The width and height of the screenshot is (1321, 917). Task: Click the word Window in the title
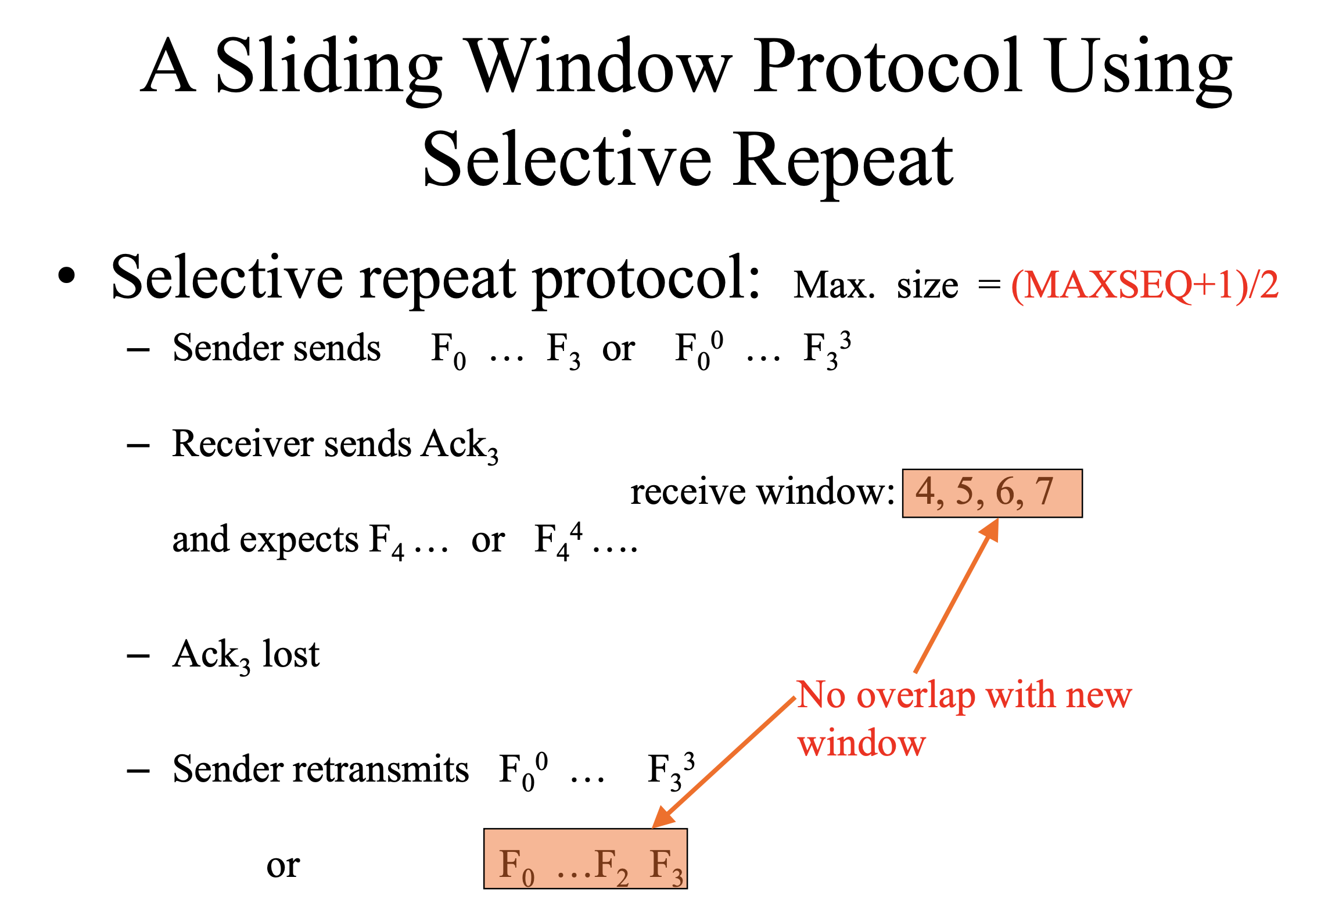click(x=598, y=65)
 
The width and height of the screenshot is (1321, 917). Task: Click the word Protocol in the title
click(x=887, y=65)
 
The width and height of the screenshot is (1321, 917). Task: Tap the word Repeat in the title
click(x=842, y=160)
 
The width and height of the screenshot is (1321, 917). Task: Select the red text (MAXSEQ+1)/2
click(x=1145, y=285)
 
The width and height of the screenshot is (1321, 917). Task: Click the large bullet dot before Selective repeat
click(x=67, y=276)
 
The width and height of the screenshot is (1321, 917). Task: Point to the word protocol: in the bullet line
click(x=646, y=279)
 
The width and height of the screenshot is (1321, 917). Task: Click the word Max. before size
click(x=834, y=285)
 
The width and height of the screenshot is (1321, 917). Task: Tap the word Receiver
click(x=242, y=444)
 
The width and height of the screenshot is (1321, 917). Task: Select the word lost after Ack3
click(x=290, y=654)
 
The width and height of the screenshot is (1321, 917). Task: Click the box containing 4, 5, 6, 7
click(x=992, y=493)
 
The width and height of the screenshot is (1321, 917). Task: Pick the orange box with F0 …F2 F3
click(x=586, y=859)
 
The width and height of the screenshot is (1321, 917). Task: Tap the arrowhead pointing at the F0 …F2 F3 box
click(x=662, y=817)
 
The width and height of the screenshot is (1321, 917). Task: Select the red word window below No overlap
click(x=861, y=743)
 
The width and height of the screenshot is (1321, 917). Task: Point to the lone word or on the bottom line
click(x=283, y=866)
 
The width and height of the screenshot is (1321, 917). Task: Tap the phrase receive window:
click(x=762, y=492)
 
